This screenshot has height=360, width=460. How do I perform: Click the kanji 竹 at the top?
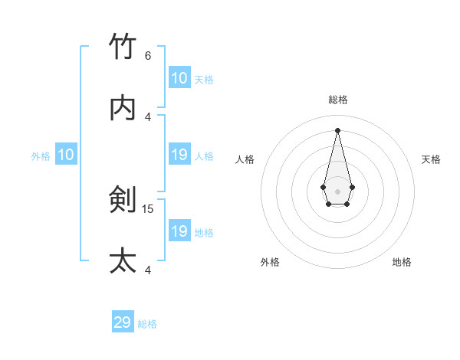pyautogui.click(x=123, y=47)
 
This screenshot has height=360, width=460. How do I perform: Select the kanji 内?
pyautogui.click(x=123, y=109)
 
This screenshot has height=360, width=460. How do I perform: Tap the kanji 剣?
pyautogui.click(x=123, y=201)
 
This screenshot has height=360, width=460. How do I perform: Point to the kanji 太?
pyautogui.click(x=123, y=261)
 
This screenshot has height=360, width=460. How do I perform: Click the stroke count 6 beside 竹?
pyautogui.click(x=148, y=56)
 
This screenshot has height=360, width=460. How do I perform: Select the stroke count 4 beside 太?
pyautogui.click(x=148, y=270)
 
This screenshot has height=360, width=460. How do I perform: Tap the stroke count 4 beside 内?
pyautogui.click(x=148, y=116)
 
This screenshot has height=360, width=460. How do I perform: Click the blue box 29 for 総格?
pyautogui.click(x=123, y=322)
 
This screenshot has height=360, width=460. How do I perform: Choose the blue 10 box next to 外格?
pyautogui.click(x=66, y=155)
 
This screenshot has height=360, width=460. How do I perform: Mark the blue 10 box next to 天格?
pyautogui.click(x=179, y=78)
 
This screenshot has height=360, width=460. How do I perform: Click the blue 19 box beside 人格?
pyautogui.click(x=179, y=155)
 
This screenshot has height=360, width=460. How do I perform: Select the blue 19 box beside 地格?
pyautogui.click(x=179, y=231)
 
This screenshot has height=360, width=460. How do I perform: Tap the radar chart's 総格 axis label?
pyautogui.click(x=338, y=100)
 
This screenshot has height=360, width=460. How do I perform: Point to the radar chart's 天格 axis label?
pyautogui.click(x=431, y=159)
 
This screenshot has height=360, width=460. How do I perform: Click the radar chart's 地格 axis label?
pyautogui.click(x=402, y=262)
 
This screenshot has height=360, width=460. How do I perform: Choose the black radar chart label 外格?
pyautogui.click(x=270, y=262)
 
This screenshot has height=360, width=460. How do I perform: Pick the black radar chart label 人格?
pyautogui.click(x=245, y=159)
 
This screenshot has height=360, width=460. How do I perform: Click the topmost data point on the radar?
pyautogui.click(x=338, y=130)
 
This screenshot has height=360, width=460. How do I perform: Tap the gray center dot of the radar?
pyautogui.click(x=338, y=191)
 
